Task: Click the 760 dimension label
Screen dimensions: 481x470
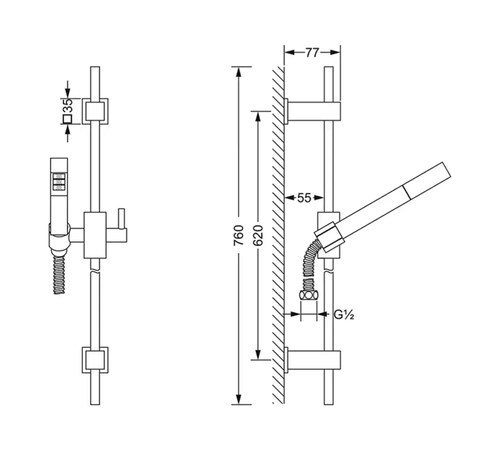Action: pyautogui.click(x=238, y=235)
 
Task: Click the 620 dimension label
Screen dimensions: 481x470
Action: pyautogui.click(x=258, y=235)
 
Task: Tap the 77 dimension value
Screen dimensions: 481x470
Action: pyautogui.click(x=312, y=53)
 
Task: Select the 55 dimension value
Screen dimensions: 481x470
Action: pyautogui.click(x=304, y=198)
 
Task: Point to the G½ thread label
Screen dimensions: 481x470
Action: pyautogui.click(x=344, y=315)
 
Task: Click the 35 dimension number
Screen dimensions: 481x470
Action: pyautogui.click(x=68, y=106)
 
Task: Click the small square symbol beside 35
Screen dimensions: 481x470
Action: pyautogui.click(x=67, y=119)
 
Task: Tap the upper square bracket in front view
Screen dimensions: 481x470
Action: pyautogui.click(x=95, y=111)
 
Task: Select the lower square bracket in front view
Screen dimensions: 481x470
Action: pyautogui.click(x=95, y=360)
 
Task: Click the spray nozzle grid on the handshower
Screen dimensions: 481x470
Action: pyautogui.click(x=59, y=182)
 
